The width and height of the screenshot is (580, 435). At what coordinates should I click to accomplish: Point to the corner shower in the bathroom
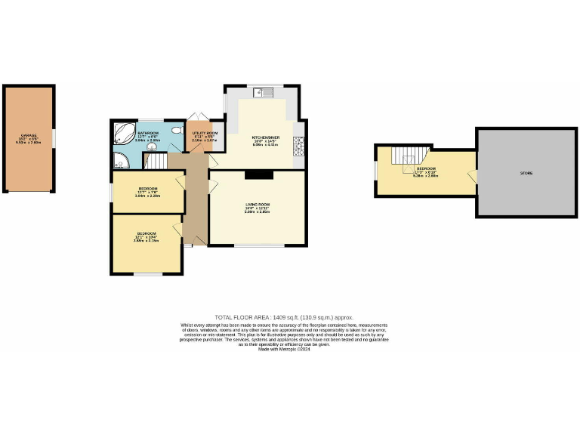point(121,160)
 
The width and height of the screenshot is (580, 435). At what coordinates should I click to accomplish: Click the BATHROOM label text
point(147,133)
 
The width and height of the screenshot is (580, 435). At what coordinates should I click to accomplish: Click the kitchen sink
point(265,94)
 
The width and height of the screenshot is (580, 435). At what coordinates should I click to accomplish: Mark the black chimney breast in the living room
point(258,174)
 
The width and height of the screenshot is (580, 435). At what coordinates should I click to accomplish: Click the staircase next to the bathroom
point(156,161)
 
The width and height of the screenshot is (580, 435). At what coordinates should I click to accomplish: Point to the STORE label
point(526,173)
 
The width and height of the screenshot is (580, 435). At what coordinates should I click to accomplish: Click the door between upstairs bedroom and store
point(473,176)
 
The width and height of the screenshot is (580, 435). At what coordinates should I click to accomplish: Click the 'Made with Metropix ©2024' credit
point(284,348)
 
